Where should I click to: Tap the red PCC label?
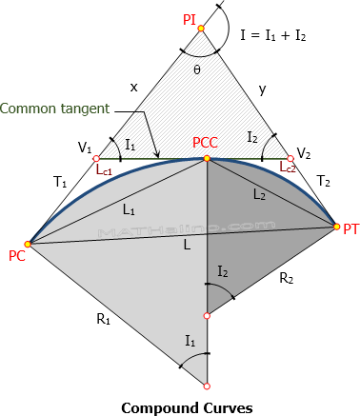click(207, 143)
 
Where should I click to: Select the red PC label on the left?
click(16, 256)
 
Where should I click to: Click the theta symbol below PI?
click(197, 69)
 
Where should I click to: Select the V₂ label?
click(304, 153)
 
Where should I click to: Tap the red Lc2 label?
click(290, 167)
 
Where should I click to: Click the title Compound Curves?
click(179, 406)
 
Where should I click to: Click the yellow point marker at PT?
click(336, 226)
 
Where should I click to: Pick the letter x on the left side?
click(133, 87)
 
